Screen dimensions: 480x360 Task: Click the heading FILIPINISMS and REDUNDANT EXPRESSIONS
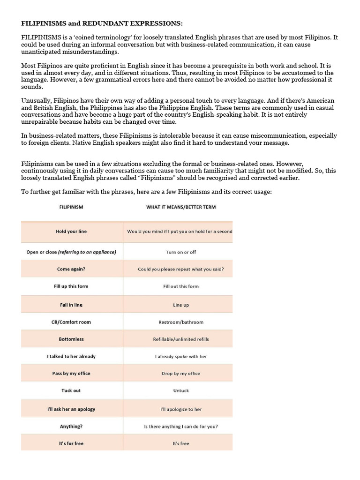[x=99, y=23]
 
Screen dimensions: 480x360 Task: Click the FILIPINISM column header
[x=71, y=207]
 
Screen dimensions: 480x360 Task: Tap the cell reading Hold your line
[x=71, y=232]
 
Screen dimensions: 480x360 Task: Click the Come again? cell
[x=71, y=269]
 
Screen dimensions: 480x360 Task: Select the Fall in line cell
[x=71, y=305]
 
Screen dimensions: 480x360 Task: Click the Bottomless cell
[x=71, y=339]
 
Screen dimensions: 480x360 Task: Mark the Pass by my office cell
[x=71, y=373]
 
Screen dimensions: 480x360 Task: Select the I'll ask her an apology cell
[x=71, y=409]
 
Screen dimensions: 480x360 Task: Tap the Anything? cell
[x=71, y=426]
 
